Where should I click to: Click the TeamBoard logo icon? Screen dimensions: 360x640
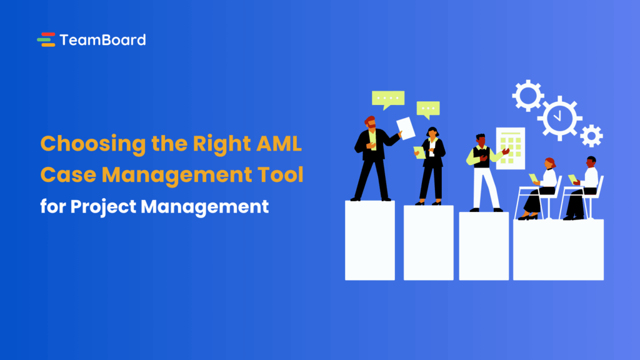(x=46, y=40)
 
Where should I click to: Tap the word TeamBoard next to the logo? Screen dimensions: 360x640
(x=102, y=40)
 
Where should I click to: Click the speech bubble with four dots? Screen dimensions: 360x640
(x=388, y=99)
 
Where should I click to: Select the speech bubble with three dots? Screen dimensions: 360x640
(x=428, y=109)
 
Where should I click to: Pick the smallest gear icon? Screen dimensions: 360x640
(x=591, y=136)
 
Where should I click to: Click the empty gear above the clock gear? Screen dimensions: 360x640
(x=528, y=95)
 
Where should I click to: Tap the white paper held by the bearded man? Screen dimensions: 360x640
(x=406, y=129)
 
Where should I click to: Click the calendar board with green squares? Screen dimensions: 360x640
(x=511, y=149)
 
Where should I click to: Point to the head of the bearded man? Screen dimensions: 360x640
(x=370, y=121)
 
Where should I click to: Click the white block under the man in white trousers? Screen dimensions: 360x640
(x=484, y=246)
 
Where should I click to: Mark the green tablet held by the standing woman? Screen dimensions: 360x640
(x=419, y=152)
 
